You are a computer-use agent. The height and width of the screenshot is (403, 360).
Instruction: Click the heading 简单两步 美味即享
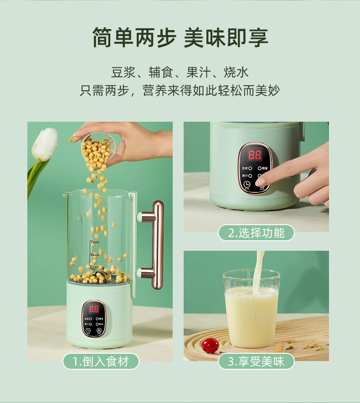(180, 38)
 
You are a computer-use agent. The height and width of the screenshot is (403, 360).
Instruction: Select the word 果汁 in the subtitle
(198, 72)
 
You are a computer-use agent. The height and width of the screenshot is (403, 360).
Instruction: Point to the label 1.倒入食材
(100, 362)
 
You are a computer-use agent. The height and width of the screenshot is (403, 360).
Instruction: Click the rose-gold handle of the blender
(156, 245)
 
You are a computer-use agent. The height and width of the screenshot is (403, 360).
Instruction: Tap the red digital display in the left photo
(93, 308)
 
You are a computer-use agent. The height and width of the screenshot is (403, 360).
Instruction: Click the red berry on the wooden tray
(211, 345)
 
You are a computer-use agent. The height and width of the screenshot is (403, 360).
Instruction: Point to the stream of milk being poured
(259, 269)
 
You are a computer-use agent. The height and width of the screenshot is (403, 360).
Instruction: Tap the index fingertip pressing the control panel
(260, 181)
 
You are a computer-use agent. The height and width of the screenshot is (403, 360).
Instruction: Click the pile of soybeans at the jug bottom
(98, 275)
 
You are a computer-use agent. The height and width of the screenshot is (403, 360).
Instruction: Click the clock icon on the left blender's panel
(87, 331)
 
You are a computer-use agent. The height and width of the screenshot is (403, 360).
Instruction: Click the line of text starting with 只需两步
(180, 90)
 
